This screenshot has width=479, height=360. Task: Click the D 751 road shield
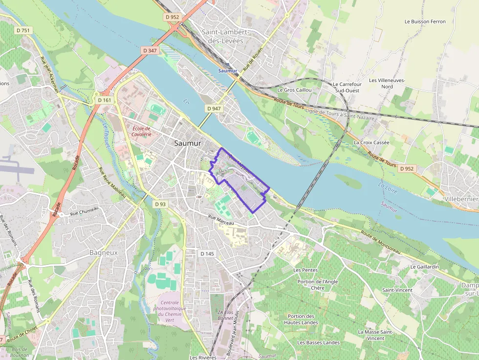tap(23, 30)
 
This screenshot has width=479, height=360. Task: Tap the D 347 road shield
tap(150, 50)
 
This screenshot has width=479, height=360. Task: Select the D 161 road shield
tap(105, 100)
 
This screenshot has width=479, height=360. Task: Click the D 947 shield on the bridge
tap(214, 108)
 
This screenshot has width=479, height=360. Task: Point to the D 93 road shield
tap(159, 204)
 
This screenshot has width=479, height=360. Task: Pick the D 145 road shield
tap(207, 254)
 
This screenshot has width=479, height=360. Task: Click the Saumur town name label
tap(188, 144)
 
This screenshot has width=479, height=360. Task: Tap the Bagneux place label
tap(104, 253)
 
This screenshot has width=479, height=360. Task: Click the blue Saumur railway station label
tap(227, 71)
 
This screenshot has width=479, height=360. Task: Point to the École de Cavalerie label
tap(142, 131)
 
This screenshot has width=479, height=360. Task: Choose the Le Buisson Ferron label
tap(425, 21)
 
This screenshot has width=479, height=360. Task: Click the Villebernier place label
tap(461, 199)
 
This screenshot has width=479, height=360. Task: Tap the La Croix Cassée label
tap(371, 143)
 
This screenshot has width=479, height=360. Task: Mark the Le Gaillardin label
tap(424, 267)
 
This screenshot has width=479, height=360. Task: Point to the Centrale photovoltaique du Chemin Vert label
tap(170, 308)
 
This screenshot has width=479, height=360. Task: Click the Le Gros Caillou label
tap(294, 90)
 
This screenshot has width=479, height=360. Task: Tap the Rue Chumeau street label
tap(85, 211)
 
